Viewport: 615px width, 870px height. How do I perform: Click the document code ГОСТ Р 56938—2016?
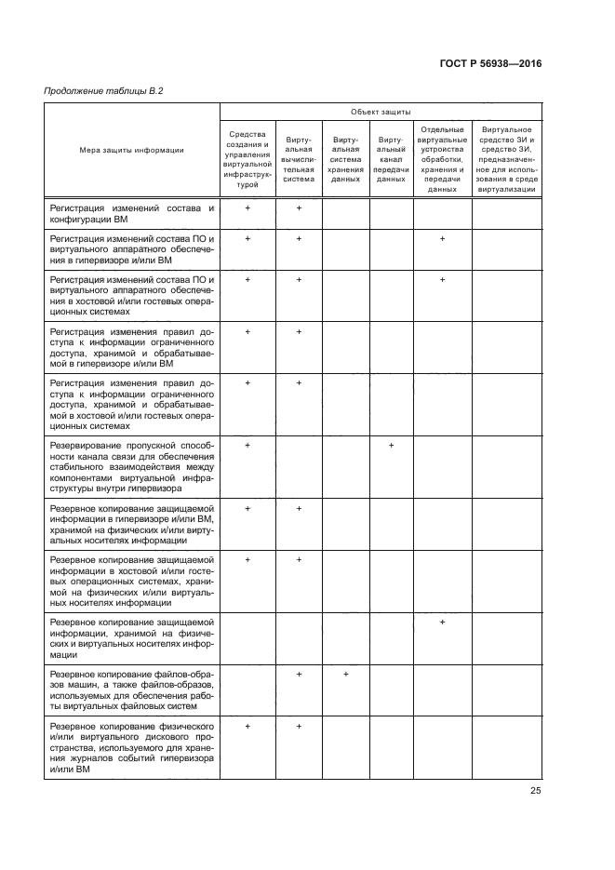coord(489,64)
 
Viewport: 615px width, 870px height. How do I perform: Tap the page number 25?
coord(535,791)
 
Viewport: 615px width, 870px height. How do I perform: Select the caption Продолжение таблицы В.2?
coord(96,90)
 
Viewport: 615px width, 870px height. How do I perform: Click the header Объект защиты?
coord(381,112)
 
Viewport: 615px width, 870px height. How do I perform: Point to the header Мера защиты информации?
coord(131,149)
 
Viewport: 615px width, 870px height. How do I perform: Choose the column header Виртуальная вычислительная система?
coord(299,159)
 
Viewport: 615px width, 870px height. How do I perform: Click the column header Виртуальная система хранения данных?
coord(345,159)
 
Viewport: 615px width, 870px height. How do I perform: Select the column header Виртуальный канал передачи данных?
coord(391,159)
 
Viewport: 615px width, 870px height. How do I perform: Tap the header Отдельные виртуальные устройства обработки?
coord(442,159)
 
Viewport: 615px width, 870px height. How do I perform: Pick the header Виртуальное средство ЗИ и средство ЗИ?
coord(506,159)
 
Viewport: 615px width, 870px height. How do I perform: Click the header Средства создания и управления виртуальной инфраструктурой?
coord(247,159)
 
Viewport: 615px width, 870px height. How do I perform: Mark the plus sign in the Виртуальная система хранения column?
coord(345,674)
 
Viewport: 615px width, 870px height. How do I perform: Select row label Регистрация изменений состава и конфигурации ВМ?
coord(131,214)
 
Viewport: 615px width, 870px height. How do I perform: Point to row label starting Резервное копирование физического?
coord(131,747)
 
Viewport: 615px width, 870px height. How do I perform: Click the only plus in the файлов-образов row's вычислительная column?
coord(299,674)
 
